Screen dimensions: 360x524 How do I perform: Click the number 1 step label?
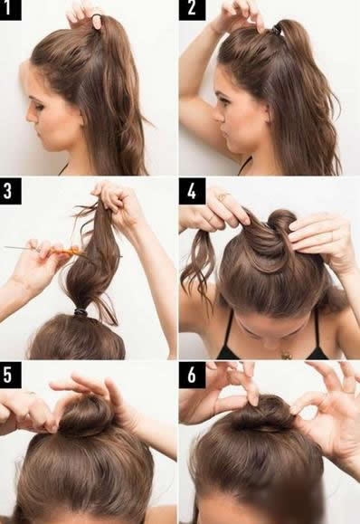tap(10, 9)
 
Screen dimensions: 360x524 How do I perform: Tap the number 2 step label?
tap(192, 9)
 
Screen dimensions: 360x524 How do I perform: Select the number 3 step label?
tap(10, 191)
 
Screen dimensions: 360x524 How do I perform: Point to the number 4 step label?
tap(192, 191)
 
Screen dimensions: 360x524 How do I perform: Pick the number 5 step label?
tap(10, 375)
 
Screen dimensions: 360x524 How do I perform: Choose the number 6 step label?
tap(192, 375)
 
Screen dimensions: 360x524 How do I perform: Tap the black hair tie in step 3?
tap(81, 312)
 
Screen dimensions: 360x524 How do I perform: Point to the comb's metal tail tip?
tap(5, 247)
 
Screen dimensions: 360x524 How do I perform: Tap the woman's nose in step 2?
tap(218, 115)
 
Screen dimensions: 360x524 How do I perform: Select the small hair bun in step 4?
tap(282, 222)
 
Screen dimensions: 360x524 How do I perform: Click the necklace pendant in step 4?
tap(286, 356)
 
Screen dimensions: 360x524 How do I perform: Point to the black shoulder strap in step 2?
tap(245, 167)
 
